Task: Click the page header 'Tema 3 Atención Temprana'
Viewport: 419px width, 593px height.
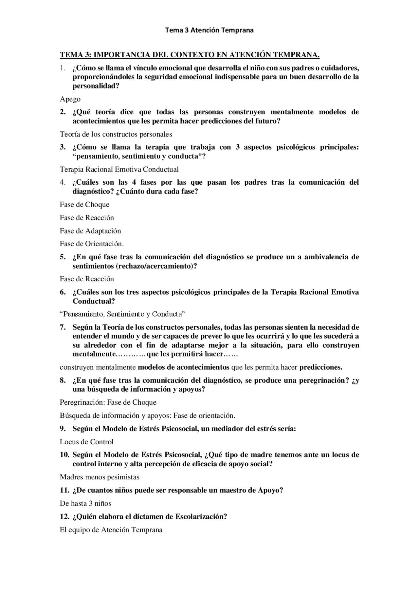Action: tap(209, 30)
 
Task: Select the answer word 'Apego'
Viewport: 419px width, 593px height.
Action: tap(70, 99)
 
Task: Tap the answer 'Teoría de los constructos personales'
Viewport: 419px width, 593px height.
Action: tap(116, 134)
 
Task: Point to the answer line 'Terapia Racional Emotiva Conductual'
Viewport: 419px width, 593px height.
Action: tap(119, 170)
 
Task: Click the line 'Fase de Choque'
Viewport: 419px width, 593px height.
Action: tap(84, 205)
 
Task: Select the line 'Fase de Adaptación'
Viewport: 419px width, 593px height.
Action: tap(90, 231)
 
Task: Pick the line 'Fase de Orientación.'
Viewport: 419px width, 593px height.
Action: tap(92, 244)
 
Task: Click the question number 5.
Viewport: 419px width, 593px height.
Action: tap(63, 257)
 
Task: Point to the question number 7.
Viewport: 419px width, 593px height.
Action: tap(63, 327)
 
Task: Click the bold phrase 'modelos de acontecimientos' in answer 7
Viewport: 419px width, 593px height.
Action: tap(183, 367)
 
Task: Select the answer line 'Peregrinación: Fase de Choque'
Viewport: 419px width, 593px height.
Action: tap(108, 402)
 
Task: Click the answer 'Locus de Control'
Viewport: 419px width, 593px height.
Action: tap(86, 442)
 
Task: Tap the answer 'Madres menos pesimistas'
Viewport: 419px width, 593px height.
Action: tap(100, 477)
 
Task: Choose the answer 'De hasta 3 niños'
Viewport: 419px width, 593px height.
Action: tap(85, 503)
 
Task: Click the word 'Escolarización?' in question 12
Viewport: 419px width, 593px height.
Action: tap(201, 517)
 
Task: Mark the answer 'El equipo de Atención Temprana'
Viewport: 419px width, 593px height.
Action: tap(111, 530)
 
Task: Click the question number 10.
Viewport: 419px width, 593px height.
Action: tap(64, 455)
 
